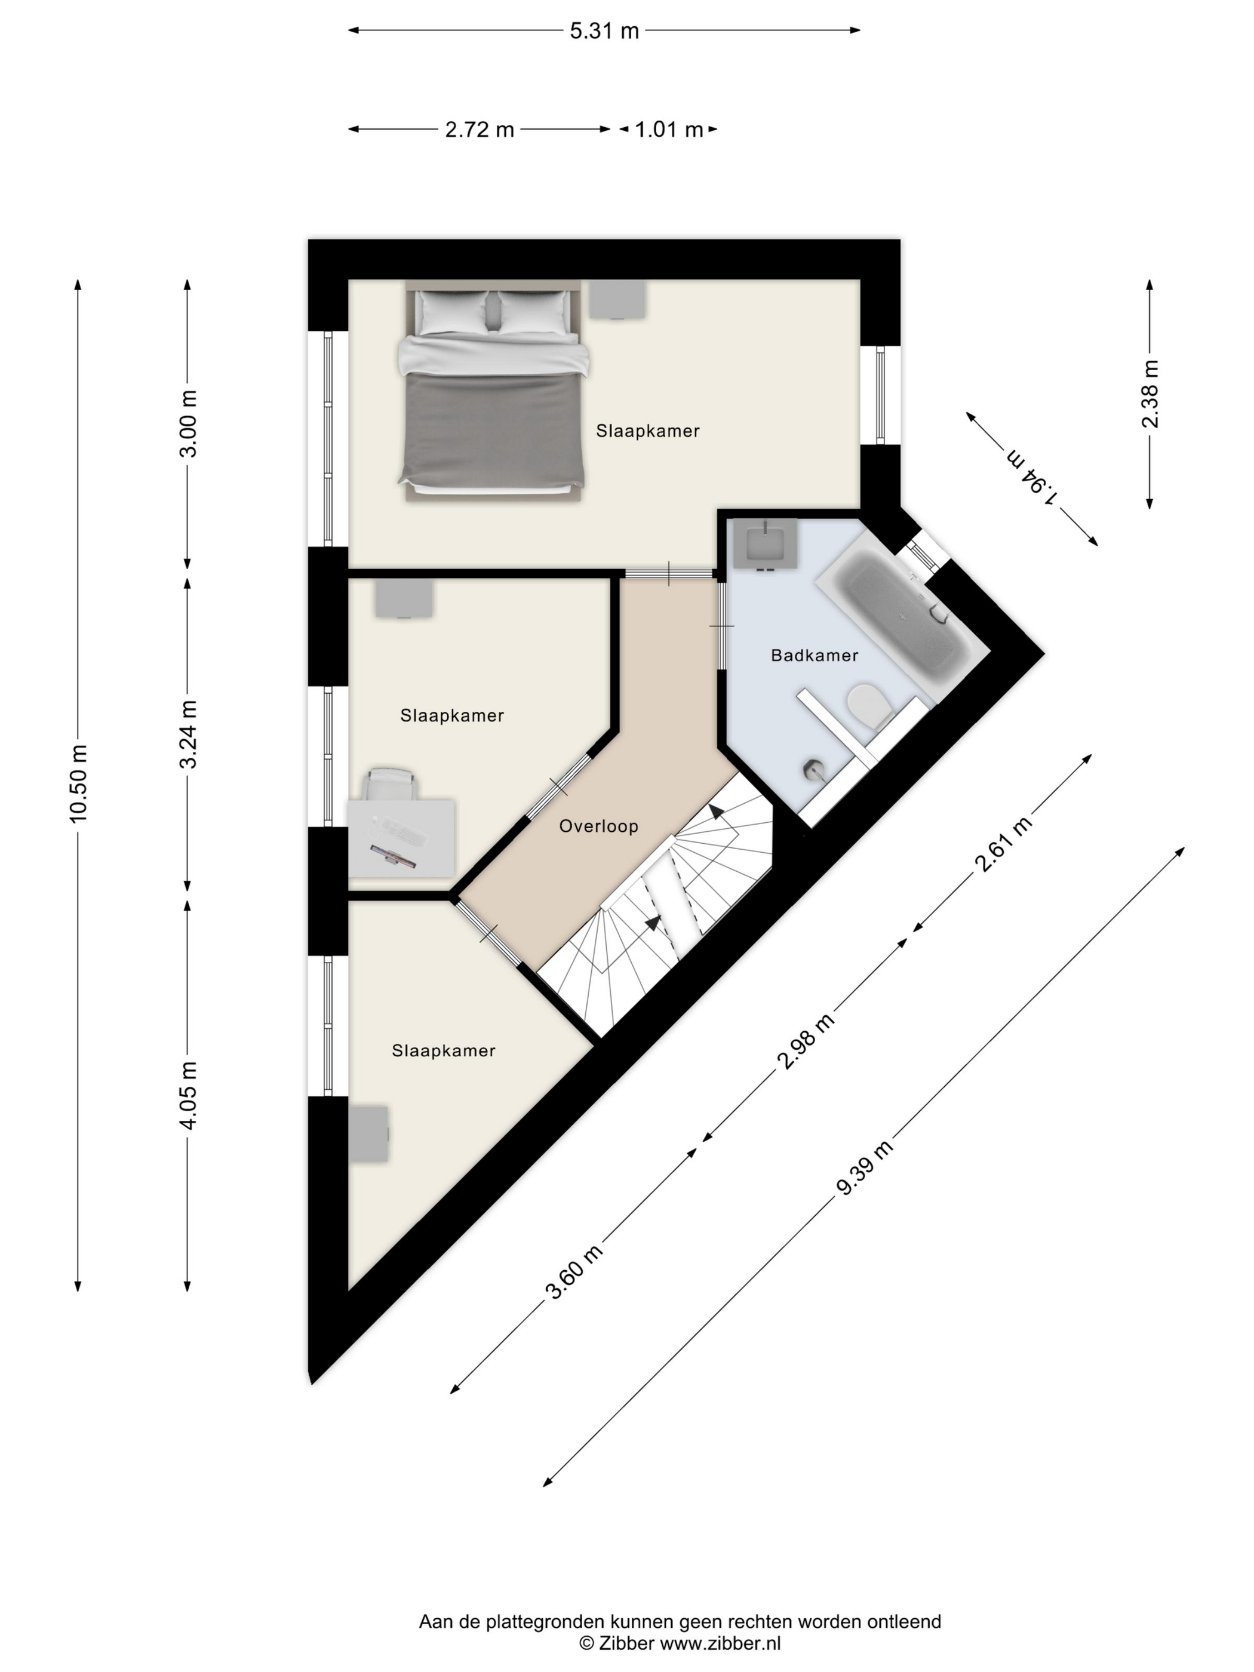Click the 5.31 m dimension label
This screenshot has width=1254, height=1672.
[604, 31]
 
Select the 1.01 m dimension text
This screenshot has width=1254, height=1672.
[669, 130]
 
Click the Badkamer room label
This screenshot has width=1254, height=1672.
[814, 655]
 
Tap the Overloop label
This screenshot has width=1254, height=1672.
[599, 826]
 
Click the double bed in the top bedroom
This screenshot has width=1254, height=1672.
[493, 391]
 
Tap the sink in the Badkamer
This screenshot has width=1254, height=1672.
[766, 543]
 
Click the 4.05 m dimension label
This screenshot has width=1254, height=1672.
[188, 1095]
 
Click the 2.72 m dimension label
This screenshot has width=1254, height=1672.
[480, 130]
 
